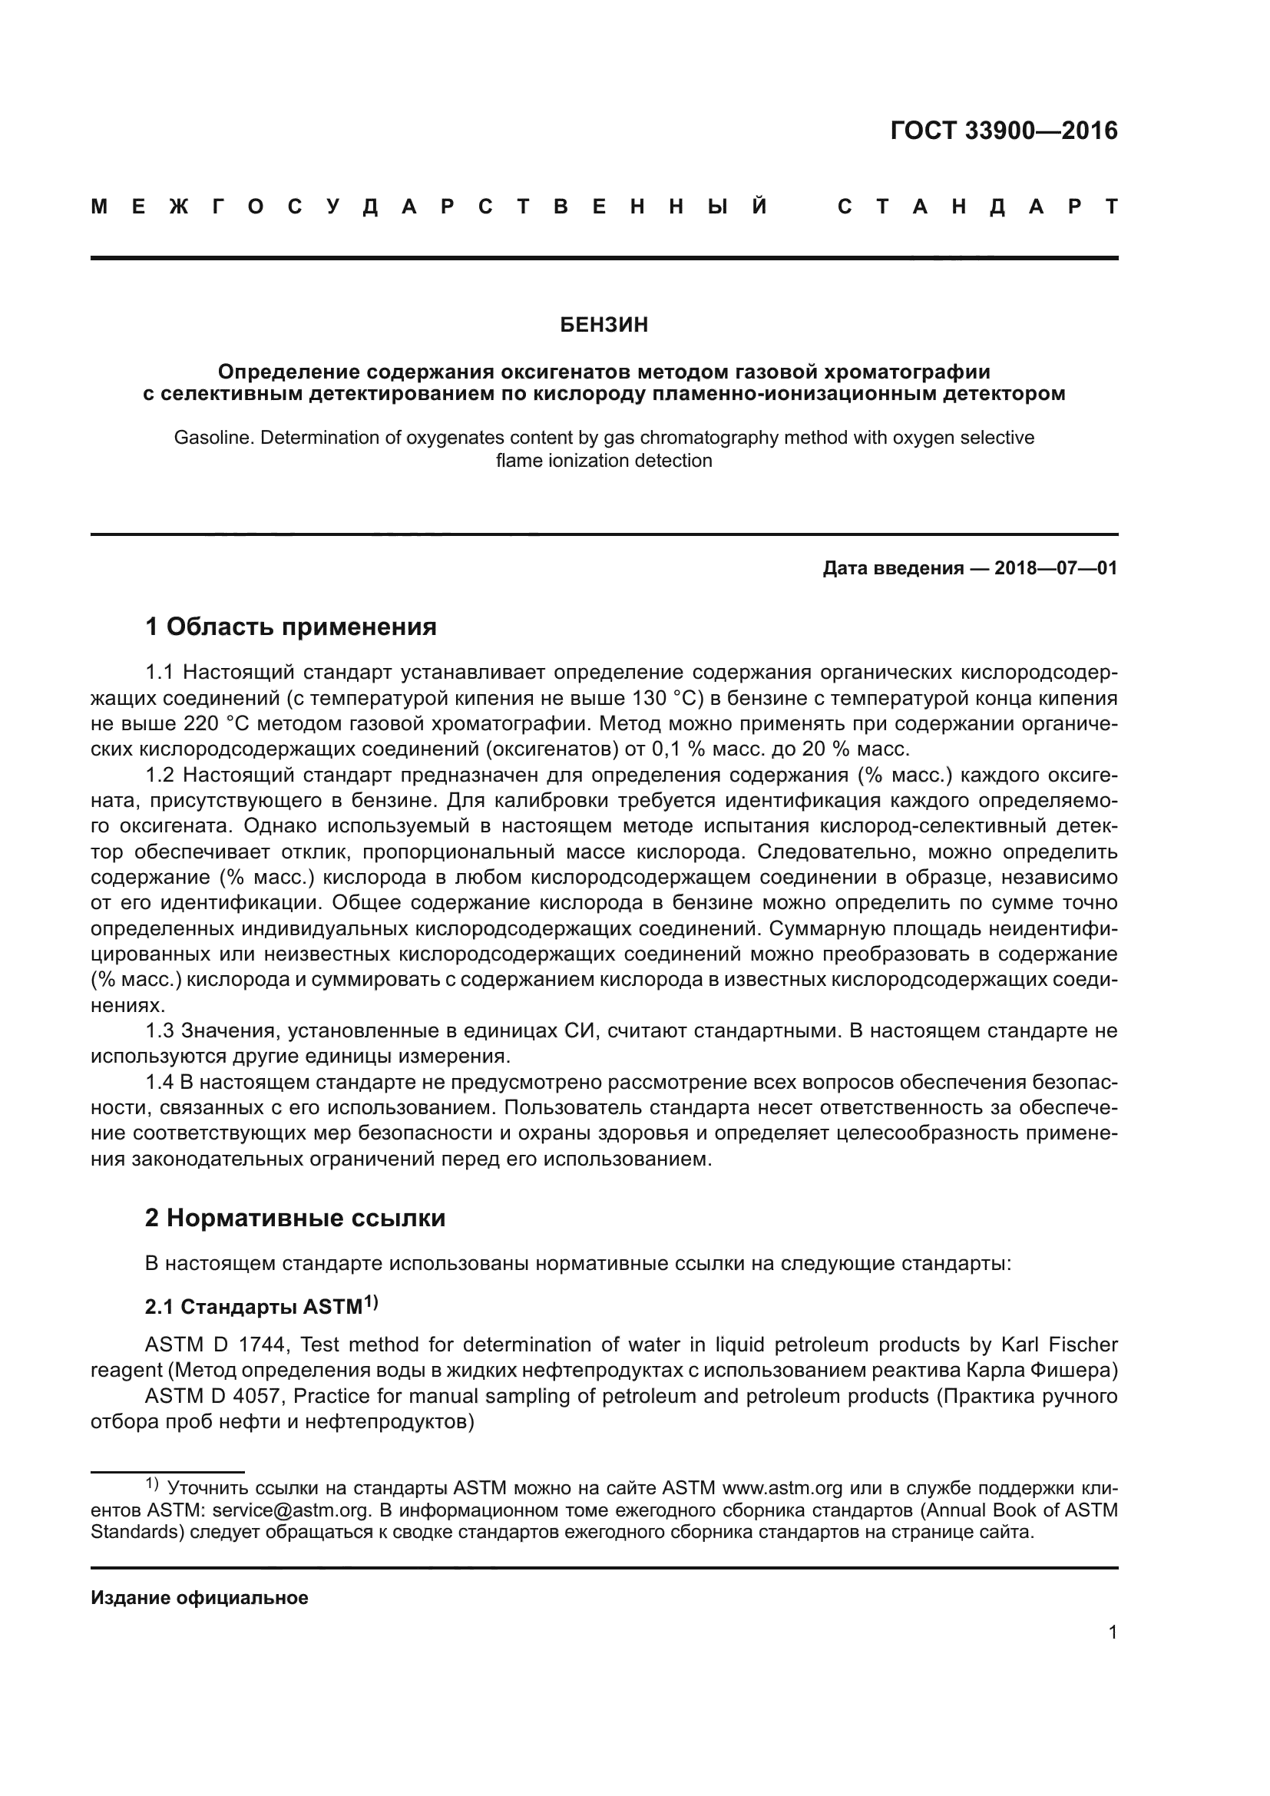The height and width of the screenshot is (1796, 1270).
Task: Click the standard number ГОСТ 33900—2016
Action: [x=1004, y=131]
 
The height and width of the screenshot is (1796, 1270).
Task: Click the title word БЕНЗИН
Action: [x=604, y=326]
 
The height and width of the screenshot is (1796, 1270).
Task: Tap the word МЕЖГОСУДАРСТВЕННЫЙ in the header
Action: [x=429, y=207]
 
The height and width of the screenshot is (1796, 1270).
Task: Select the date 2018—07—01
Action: [x=1056, y=568]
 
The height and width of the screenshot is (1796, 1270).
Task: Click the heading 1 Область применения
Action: [x=291, y=627]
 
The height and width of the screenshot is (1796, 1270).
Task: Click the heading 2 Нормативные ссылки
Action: [x=295, y=1218]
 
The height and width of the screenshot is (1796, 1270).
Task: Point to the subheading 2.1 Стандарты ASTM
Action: [x=261, y=1307]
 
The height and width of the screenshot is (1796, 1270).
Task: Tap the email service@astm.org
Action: [x=290, y=1510]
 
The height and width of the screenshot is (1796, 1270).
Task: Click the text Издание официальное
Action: [x=200, y=1598]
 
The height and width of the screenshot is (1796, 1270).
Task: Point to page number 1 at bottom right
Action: [x=1112, y=1632]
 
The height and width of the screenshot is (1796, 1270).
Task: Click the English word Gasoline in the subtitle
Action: [x=213, y=438]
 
